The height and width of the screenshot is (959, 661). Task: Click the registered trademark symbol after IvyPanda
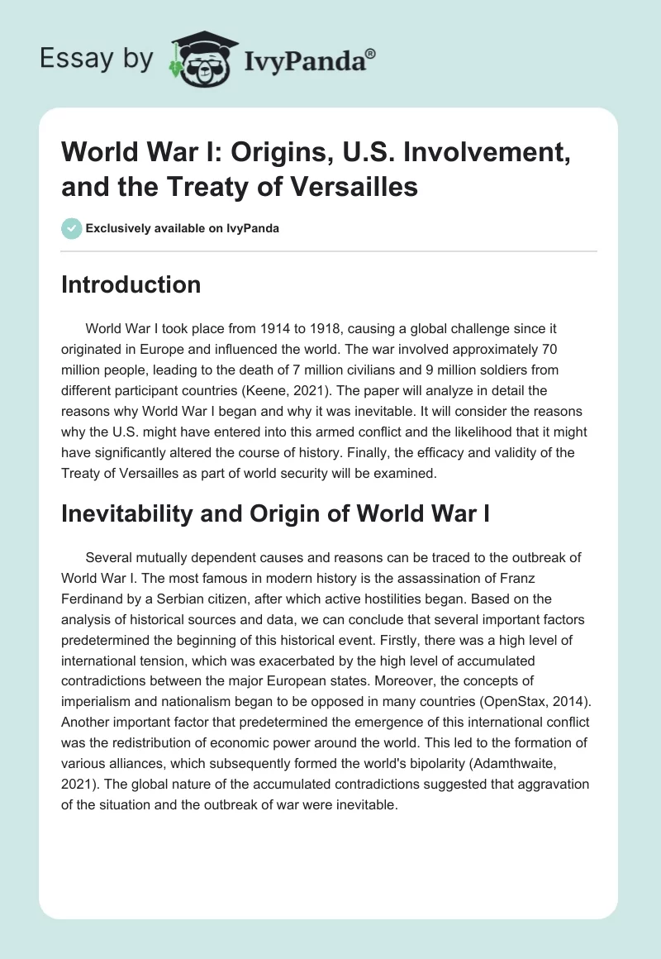(x=371, y=54)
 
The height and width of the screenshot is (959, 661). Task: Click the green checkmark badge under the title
(x=72, y=228)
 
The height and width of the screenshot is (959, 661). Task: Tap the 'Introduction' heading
(x=131, y=284)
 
